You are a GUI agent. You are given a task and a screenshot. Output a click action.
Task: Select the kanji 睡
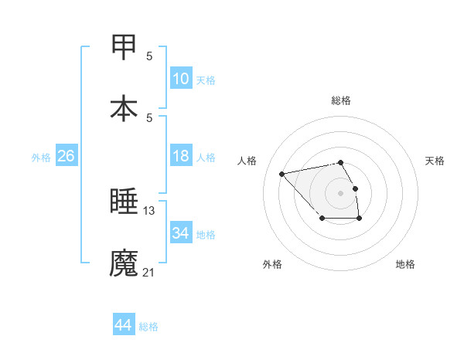(x=125, y=202)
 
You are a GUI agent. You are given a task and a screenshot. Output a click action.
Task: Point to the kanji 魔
(x=125, y=263)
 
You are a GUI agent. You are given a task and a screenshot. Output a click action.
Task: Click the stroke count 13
(x=149, y=211)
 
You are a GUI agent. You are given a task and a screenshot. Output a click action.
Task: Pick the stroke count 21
(x=149, y=272)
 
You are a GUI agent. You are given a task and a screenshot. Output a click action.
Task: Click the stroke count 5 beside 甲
(x=149, y=56)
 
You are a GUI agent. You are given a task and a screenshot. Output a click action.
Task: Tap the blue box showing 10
(x=181, y=79)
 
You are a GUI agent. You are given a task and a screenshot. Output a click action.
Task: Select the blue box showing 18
(x=181, y=157)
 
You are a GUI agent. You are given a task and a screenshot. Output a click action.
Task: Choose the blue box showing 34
(x=181, y=233)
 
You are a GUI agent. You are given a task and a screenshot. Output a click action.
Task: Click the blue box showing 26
(x=66, y=157)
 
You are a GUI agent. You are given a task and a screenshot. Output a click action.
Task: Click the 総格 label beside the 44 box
(x=148, y=327)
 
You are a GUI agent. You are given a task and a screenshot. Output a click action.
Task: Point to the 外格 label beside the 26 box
(x=41, y=158)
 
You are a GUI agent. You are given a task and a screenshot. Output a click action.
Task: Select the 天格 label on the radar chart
(x=435, y=161)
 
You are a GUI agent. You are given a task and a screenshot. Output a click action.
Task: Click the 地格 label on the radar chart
(x=405, y=264)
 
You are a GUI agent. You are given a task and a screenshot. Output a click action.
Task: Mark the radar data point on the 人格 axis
(x=282, y=173)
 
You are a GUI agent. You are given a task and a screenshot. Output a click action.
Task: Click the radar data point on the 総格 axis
(x=340, y=162)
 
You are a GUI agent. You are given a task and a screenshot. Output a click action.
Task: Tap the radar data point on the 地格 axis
(x=360, y=219)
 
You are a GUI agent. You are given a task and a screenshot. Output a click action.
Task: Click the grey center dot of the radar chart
(x=340, y=192)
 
